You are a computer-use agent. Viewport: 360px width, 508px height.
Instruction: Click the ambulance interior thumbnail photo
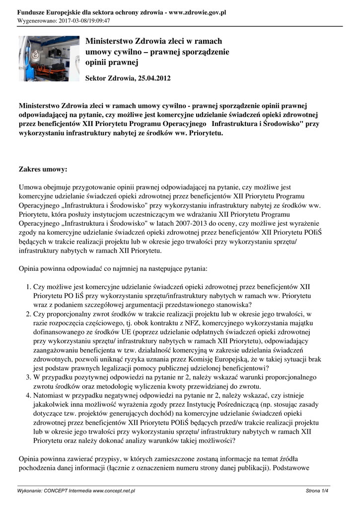pyautogui.click(x=49, y=58)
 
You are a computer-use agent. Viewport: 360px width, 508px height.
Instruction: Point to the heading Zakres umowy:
pyautogui.click(x=43, y=170)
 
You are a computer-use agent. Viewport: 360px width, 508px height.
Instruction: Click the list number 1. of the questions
pyautogui.click(x=28, y=286)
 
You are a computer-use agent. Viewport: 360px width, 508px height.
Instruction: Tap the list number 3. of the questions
pyautogui.click(x=28, y=378)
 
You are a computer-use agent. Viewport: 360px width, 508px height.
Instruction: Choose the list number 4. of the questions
pyautogui.click(x=28, y=395)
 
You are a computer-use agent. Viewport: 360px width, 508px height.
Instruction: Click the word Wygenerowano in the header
pyautogui.click(x=36, y=21)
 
